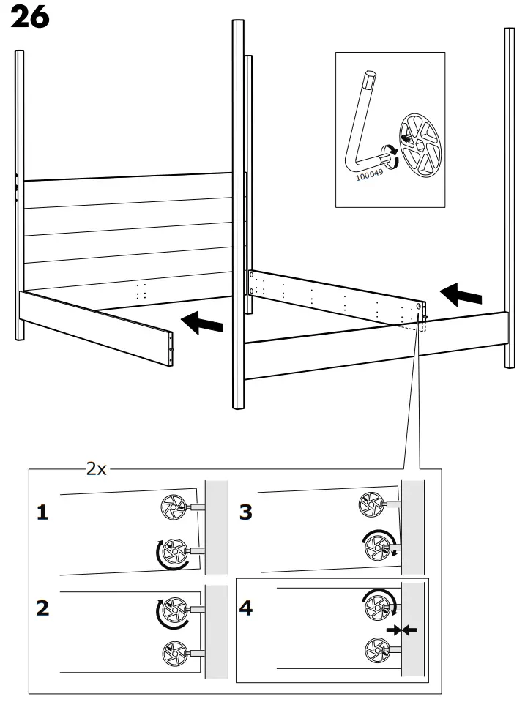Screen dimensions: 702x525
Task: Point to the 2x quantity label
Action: point(96,469)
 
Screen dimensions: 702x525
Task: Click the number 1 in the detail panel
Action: point(43,513)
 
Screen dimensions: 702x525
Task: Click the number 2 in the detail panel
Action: point(43,608)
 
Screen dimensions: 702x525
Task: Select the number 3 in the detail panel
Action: point(246,512)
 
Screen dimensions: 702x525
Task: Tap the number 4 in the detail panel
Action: point(246,608)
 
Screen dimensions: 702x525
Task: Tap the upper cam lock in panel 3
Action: point(370,504)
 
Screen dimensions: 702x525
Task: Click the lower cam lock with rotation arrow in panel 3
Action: point(378,545)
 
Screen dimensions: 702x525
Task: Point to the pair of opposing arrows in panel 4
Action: point(402,630)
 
